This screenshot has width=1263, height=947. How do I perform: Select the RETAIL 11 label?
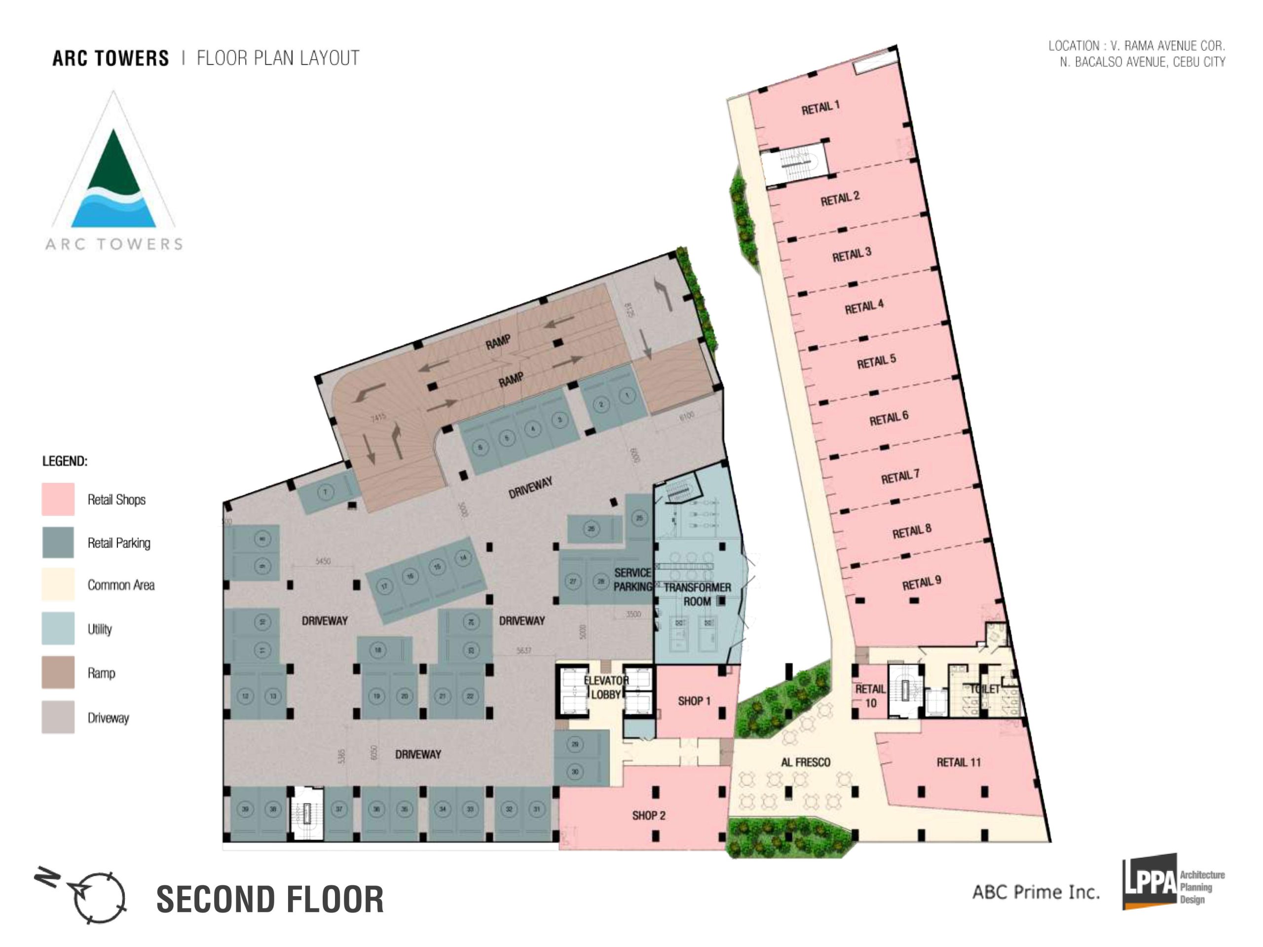(x=958, y=762)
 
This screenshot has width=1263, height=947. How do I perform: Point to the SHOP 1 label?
(x=694, y=700)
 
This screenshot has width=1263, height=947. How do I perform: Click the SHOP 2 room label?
(x=649, y=815)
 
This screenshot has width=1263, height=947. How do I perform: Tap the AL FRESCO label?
(x=806, y=762)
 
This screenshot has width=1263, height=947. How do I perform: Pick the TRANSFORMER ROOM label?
(x=697, y=594)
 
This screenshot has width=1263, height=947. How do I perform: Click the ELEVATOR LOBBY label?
(x=606, y=687)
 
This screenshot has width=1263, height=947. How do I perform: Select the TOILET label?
(x=985, y=689)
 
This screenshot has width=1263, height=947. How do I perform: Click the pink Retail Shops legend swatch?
(x=58, y=500)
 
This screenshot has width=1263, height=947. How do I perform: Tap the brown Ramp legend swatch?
(x=58, y=672)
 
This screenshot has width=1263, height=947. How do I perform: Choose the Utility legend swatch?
(x=58, y=628)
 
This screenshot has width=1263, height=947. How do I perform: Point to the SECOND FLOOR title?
(x=270, y=900)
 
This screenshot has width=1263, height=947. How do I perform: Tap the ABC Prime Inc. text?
(x=1036, y=892)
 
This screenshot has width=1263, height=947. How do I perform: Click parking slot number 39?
(x=245, y=809)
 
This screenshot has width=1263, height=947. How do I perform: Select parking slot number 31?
(x=536, y=809)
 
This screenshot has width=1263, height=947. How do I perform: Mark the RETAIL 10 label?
(x=870, y=696)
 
